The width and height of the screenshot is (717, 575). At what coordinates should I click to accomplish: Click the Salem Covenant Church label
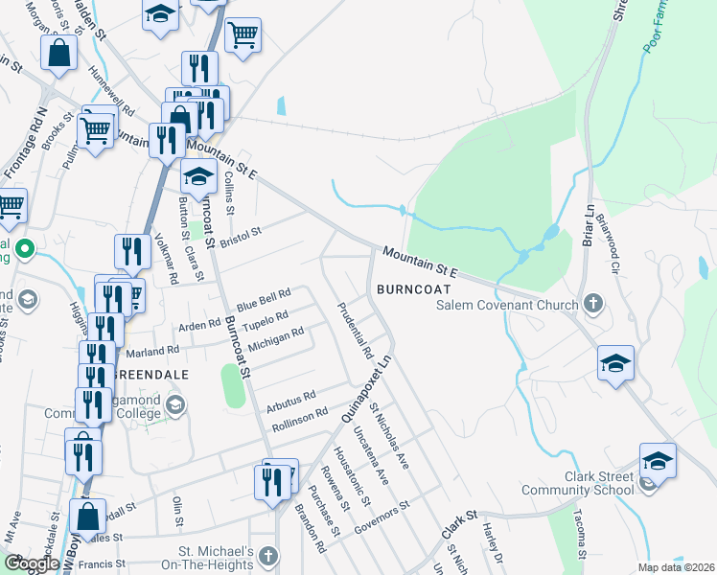[x=507, y=306]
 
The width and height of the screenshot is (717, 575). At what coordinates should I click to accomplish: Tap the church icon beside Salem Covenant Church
[x=593, y=306]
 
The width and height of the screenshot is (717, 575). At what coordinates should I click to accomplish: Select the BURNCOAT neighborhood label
[x=412, y=287]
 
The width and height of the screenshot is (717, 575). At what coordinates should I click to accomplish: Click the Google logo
[x=32, y=563]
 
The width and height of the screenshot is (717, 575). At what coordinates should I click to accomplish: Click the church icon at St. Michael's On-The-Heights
[x=267, y=556]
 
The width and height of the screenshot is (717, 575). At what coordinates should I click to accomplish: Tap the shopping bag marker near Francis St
[x=87, y=516]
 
